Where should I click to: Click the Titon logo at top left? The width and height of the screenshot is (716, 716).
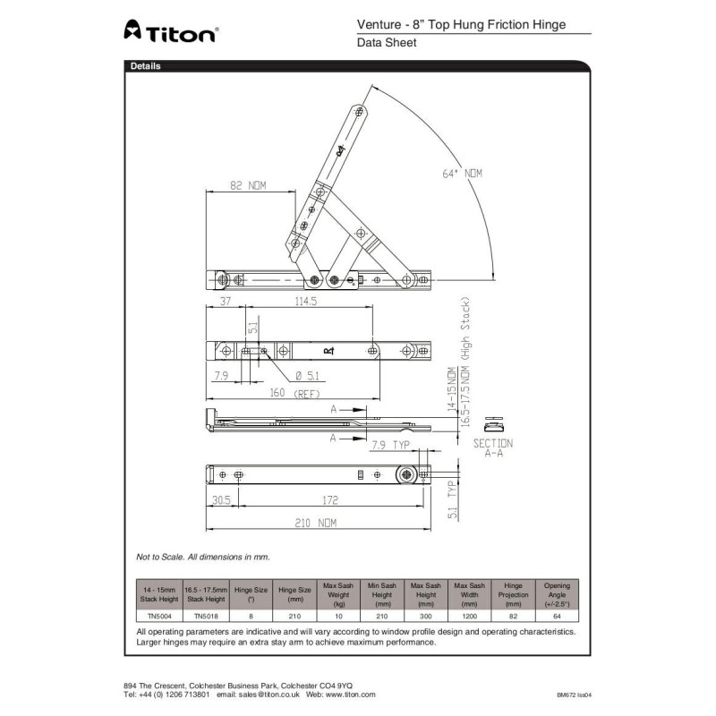tap(169, 32)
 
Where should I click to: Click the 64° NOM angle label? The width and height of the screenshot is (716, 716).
tap(462, 174)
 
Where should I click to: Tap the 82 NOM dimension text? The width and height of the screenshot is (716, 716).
tap(249, 186)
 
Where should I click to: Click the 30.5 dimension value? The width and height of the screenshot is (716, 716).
tap(220, 500)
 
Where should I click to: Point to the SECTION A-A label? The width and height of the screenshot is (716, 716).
tap(492, 447)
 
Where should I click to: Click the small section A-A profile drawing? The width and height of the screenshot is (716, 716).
tap(491, 423)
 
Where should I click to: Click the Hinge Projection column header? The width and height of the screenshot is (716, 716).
tap(513, 593)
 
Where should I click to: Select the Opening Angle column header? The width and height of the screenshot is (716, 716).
tap(557, 593)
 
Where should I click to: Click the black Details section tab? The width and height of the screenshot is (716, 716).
tap(145, 66)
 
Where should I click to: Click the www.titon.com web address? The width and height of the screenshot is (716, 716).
tap(351, 695)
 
